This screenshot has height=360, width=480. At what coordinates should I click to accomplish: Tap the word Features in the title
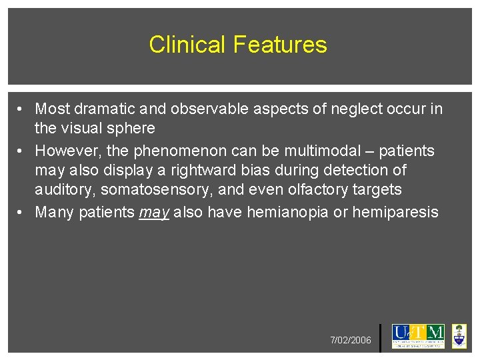click(x=280, y=45)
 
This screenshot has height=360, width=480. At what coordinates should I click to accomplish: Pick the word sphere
click(x=130, y=128)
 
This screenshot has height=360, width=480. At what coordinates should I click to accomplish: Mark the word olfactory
click(x=312, y=190)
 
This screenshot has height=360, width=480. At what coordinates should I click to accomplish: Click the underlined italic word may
click(x=153, y=213)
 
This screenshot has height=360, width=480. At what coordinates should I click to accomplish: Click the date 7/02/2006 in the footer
click(x=351, y=341)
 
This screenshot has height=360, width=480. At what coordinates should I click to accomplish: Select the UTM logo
click(x=418, y=335)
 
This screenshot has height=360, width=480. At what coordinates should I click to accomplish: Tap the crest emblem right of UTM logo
click(x=459, y=336)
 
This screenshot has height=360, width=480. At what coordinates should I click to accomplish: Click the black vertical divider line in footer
click(x=380, y=338)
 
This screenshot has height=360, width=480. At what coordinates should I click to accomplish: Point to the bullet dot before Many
click(x=22, y=213)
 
